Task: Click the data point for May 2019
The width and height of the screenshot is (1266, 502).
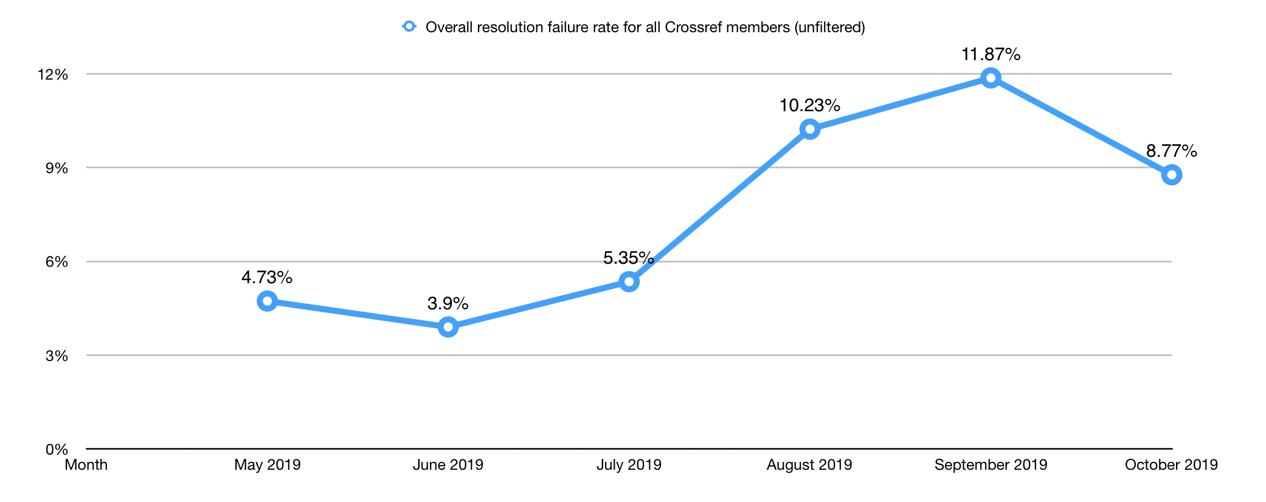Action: click(267, 301)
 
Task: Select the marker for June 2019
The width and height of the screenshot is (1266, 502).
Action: click(448, 327)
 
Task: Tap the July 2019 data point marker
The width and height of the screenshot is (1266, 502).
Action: click(629, 281)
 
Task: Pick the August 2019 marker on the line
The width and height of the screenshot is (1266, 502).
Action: click(809, 129)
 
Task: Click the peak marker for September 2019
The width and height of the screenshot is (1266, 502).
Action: click(991, 78)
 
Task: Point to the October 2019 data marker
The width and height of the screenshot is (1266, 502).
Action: click(1171, 175)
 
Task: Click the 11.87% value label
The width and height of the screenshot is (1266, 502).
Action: click(991, 55)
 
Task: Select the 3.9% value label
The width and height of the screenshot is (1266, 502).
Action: click(448, 303)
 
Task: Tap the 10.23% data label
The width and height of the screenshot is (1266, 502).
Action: click(809, 106)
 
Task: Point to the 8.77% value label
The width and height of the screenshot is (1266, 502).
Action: click(1171, 151)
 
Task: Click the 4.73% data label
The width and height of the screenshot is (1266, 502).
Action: click(267, 278)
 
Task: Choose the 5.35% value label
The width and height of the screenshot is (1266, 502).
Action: click(628, 258)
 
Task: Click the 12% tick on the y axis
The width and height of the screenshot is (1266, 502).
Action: click(53, 75)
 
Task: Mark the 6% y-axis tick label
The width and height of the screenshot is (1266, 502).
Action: click(57, 262)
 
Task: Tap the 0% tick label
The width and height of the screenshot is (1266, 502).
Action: click(57, 450)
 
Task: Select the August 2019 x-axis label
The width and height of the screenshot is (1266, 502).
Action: click(809, 465)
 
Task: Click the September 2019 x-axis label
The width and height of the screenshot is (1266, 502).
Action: click(991, 465)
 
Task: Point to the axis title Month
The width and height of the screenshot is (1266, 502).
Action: click(86, 465)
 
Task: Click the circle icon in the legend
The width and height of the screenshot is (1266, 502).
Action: click(409, 27)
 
